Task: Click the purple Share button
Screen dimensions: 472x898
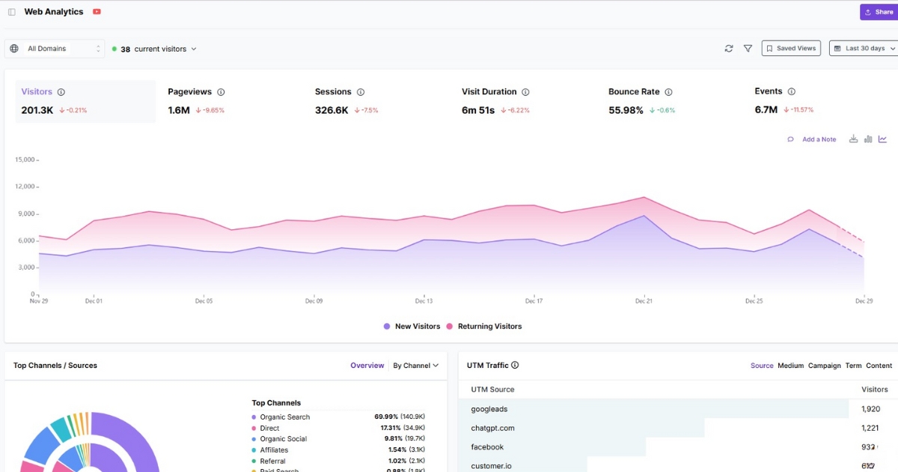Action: pos(879,12)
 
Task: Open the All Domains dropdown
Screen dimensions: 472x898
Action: pos(55,49)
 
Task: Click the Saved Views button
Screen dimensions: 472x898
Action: pos(791,48)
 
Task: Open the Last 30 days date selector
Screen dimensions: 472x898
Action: pos(864,48)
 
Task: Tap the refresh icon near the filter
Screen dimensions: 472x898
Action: pos(729,49)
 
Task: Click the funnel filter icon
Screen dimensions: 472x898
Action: pos(748,49)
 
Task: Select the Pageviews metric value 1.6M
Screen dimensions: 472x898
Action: pos(179,110)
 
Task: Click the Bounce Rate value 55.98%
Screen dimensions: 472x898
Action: pos(626,110)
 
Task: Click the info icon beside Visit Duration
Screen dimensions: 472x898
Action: pos(525,92)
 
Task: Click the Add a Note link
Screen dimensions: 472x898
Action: pos(819,139)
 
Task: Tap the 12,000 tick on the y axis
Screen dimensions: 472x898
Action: pos(25,187)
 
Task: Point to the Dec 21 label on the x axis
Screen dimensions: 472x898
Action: pos(644,301)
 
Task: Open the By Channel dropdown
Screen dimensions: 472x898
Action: pos(415,366)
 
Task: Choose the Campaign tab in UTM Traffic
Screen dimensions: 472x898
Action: pos(824,366)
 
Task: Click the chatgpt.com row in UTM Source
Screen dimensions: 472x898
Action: pos(492,428)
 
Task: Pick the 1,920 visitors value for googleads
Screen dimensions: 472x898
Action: pos(870,409)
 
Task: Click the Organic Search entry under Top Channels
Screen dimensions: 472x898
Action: pos(284,417)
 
